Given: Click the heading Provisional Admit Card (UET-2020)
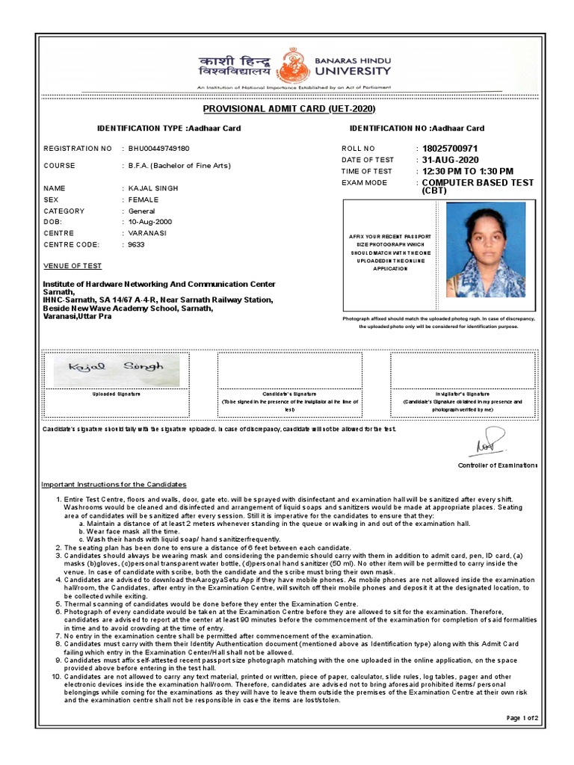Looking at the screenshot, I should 288,110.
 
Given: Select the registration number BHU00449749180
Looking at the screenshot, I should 159,149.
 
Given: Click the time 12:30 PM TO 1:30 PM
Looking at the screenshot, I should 467,171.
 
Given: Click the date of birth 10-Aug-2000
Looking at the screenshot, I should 150,222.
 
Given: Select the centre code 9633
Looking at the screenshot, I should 137,244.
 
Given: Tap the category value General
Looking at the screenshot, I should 142,211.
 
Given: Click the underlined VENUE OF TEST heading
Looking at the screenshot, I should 72,266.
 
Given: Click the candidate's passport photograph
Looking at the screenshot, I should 485,250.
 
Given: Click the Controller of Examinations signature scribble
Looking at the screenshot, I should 487,442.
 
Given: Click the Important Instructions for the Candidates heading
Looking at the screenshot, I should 114,484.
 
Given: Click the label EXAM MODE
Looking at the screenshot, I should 365,182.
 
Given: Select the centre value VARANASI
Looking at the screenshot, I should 147,233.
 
